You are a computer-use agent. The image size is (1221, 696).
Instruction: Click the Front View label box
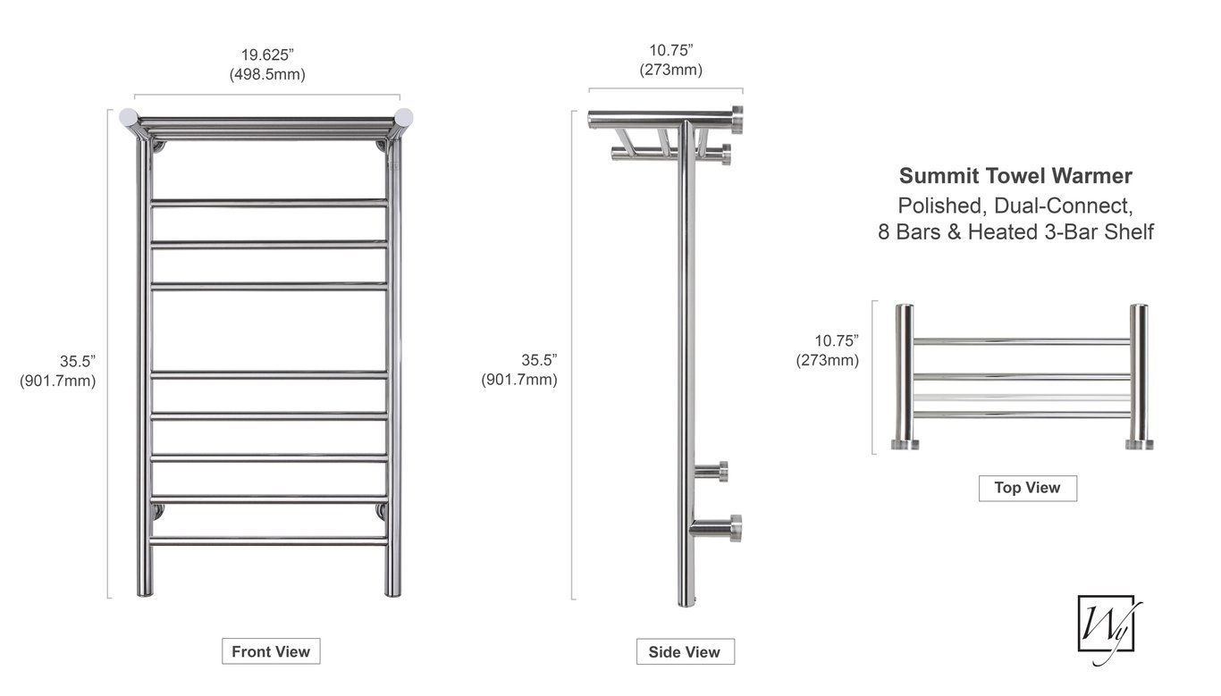coord(271,651)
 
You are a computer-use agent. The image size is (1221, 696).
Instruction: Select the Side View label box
coord(686,652)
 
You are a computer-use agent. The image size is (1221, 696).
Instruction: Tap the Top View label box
coord(1028,488)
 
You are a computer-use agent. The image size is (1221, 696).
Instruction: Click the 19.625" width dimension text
coord(267,55)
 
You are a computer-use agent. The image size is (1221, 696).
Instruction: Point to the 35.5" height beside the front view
coord(78,361)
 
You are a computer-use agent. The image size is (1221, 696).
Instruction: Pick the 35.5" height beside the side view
coord(539,360)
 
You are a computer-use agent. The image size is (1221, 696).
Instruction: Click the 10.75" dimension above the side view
coord(671,50)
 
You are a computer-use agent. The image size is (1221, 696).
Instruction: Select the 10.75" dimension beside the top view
coord(837,340)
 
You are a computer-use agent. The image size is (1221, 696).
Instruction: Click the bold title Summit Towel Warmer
coord(1015,175)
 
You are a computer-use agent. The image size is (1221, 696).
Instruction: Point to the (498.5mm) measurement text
coord(267,74)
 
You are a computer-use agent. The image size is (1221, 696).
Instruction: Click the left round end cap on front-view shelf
coord(129,118)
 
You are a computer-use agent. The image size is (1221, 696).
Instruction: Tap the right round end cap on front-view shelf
coord(403,118)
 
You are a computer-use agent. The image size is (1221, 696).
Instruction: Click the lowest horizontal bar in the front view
coord(269,541)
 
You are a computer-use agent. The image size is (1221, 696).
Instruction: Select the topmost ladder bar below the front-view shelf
coord(269,204)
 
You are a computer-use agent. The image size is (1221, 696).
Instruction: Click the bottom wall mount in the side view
coord(716,528)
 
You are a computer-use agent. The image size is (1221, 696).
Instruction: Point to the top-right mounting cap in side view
coord(737,120)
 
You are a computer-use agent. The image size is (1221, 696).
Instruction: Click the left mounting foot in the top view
coord(905,444)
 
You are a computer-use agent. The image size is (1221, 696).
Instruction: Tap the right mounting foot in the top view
coord(1140,444)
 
